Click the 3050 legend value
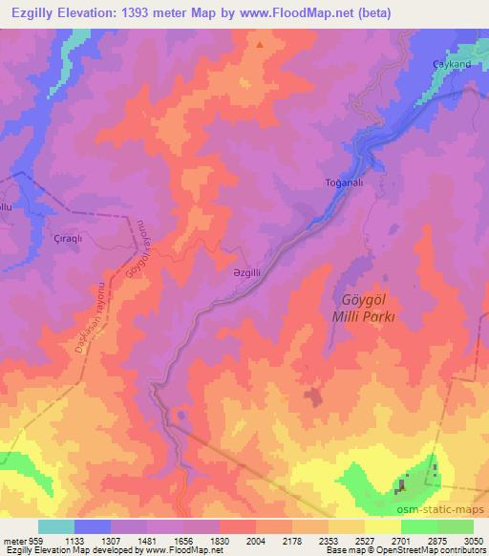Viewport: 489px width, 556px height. [473, 540]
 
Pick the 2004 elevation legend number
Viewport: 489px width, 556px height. [255, 540]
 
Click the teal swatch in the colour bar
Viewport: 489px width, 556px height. [56, 526]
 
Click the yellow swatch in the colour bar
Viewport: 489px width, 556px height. [382, 526]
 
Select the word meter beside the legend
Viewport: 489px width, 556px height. [14, 540]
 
